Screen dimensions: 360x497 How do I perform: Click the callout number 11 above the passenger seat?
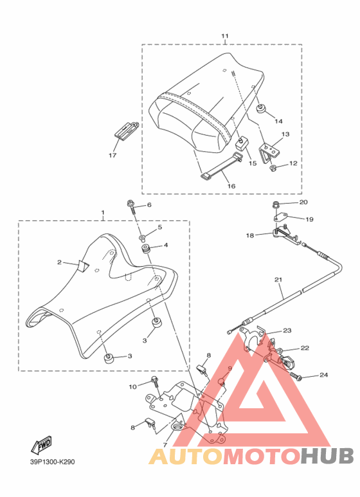(x=224, y=36)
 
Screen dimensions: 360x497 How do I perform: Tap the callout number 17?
(x=113, y=156)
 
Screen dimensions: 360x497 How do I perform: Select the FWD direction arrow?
(x=41, y=445)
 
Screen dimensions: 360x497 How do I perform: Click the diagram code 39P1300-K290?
(x=53, y=462)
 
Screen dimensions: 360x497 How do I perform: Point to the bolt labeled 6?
(x=132, y=207)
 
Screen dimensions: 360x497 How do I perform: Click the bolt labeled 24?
(x=295, y=376)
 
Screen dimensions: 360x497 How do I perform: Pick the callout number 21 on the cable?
(x=278, y=280)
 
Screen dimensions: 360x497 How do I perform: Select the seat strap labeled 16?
(x=222, y=167)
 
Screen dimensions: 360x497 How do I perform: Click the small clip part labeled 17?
(x=126, y=130)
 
